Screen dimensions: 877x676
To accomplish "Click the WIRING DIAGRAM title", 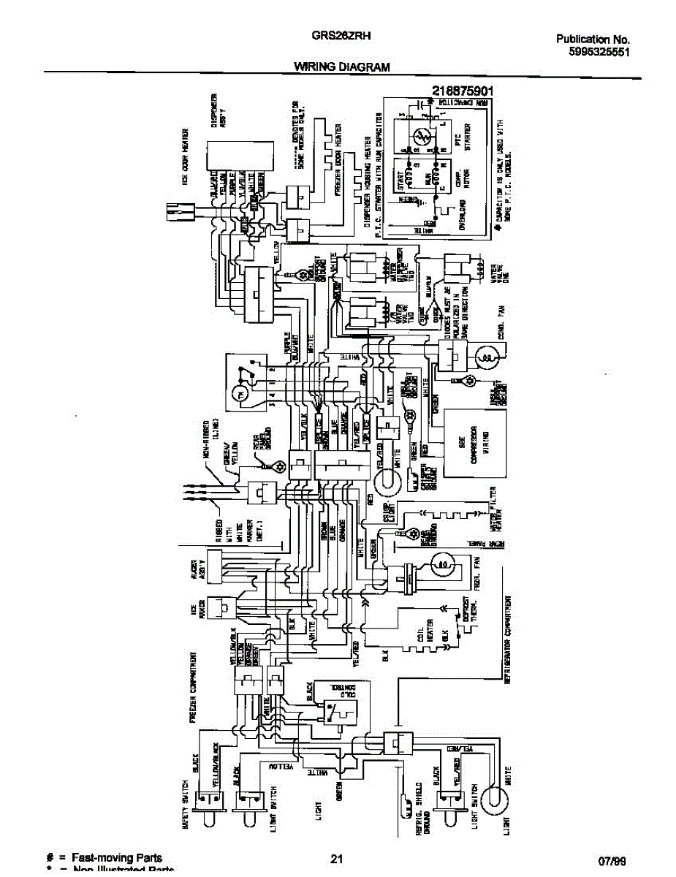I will [x=341, y=67].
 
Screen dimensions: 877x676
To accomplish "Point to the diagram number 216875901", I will [x=464, y=91].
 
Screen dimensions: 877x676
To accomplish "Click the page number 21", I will [x=337, y=859].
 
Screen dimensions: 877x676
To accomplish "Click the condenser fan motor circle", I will [x=487, y=356].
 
